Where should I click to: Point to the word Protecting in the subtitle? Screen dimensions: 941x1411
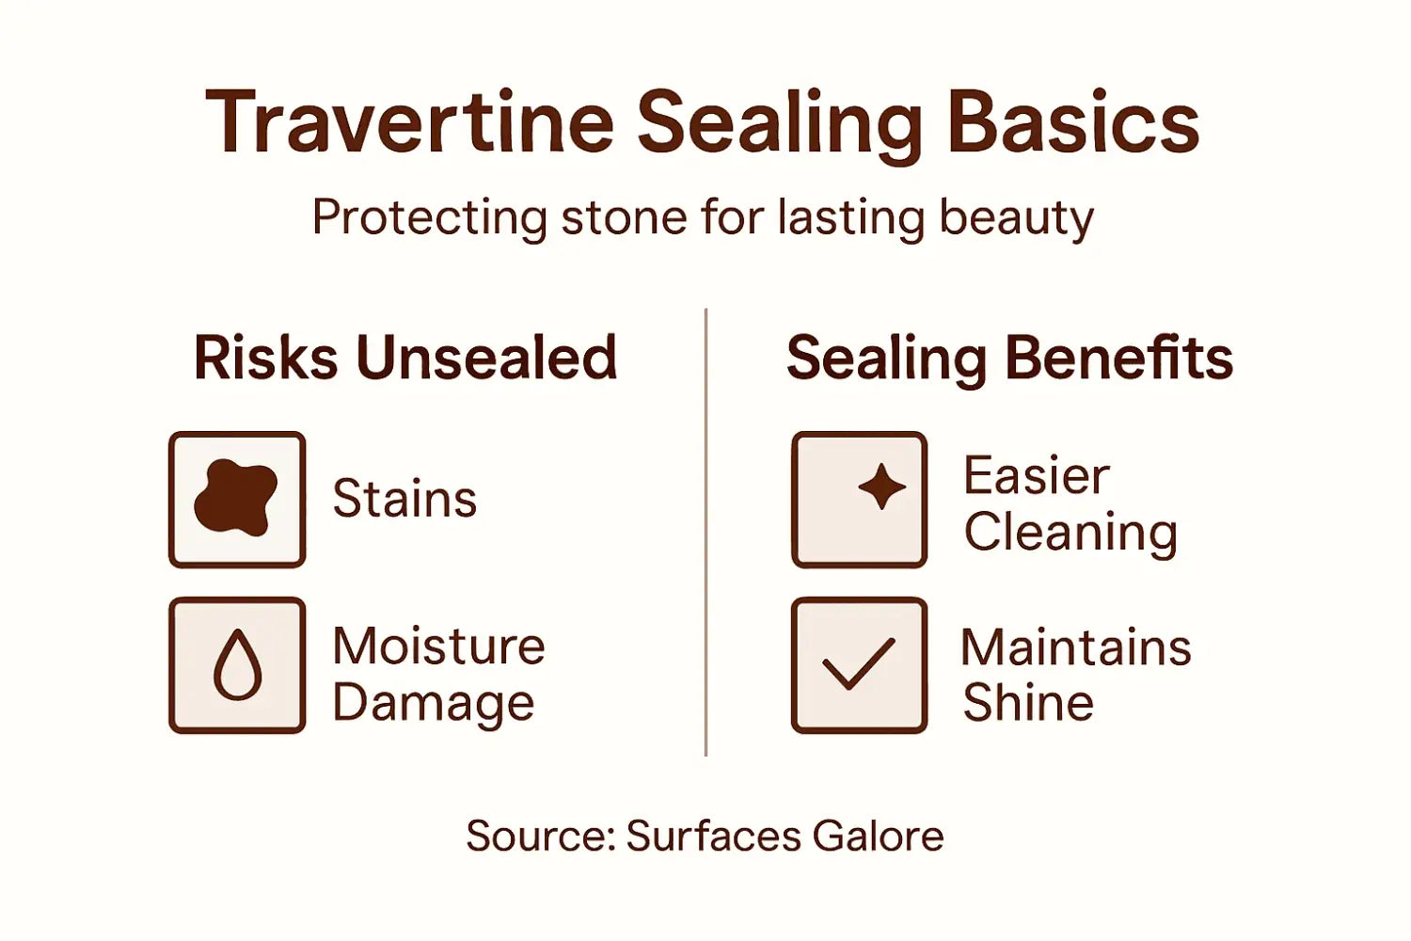429,218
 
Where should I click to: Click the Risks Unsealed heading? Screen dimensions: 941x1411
405,359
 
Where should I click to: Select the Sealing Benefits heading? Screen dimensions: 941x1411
1008,359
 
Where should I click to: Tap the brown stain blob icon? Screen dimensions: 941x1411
235,498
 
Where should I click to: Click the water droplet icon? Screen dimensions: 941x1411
237,664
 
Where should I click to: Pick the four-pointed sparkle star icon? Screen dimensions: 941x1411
881,486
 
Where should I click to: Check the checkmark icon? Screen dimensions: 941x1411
858,663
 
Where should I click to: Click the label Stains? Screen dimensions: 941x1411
404,499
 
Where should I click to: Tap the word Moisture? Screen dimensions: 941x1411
438,646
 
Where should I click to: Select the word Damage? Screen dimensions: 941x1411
433,703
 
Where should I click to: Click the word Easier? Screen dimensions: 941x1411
1036,475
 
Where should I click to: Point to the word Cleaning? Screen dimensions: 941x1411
1070,533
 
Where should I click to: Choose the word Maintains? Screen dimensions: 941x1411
1076,647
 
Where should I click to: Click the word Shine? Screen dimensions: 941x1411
1028,703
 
